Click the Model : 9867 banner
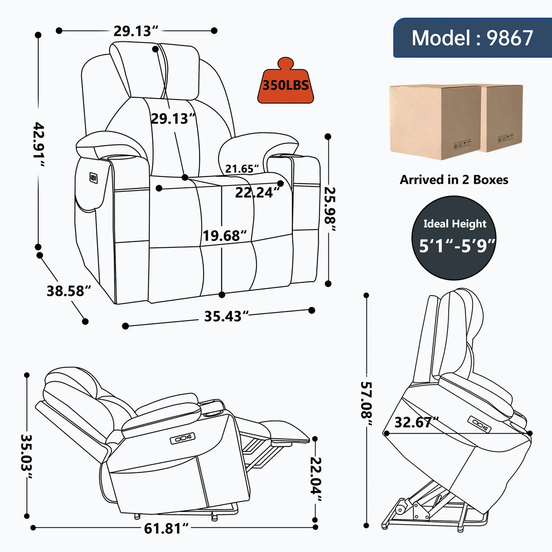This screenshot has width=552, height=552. click(x=472, y=38)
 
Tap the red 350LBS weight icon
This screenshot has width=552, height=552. click(x=286, y=84)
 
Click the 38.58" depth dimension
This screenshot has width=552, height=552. click(x=68, y=291)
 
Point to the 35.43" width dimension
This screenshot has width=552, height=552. click(x=226, y=316)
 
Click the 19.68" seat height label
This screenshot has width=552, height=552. click(x=224, y=236)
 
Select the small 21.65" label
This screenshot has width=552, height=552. click(x=241, y=169)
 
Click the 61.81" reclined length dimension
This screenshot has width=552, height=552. click(x=166, y=528)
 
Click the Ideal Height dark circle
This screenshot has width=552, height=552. click(x=454, y=238)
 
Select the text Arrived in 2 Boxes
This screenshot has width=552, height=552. click(x=454, y=180)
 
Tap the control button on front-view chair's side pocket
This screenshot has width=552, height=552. click(x=94, y=178)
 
